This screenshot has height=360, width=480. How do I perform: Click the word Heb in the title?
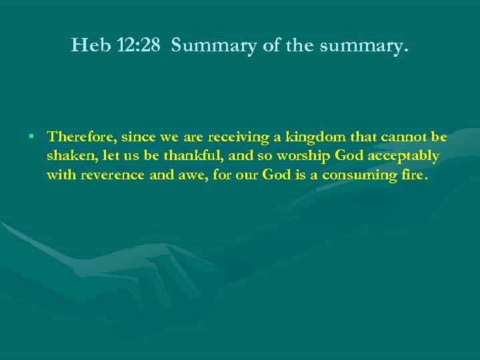87,47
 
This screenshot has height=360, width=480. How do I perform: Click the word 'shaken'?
69,156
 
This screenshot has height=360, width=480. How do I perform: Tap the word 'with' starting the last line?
61,175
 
